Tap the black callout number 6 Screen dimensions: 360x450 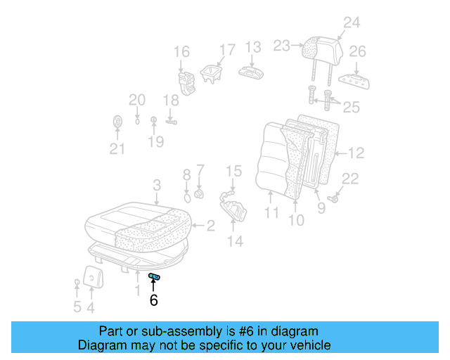coord(153,300)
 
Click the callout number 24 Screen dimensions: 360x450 coord(351,22)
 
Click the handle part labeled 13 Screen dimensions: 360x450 coord(251,72)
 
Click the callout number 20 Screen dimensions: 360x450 coord(136,100)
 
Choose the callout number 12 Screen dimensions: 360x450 coord(356,152)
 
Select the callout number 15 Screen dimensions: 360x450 coord(233,171)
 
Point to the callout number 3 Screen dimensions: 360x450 coord(157,185)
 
